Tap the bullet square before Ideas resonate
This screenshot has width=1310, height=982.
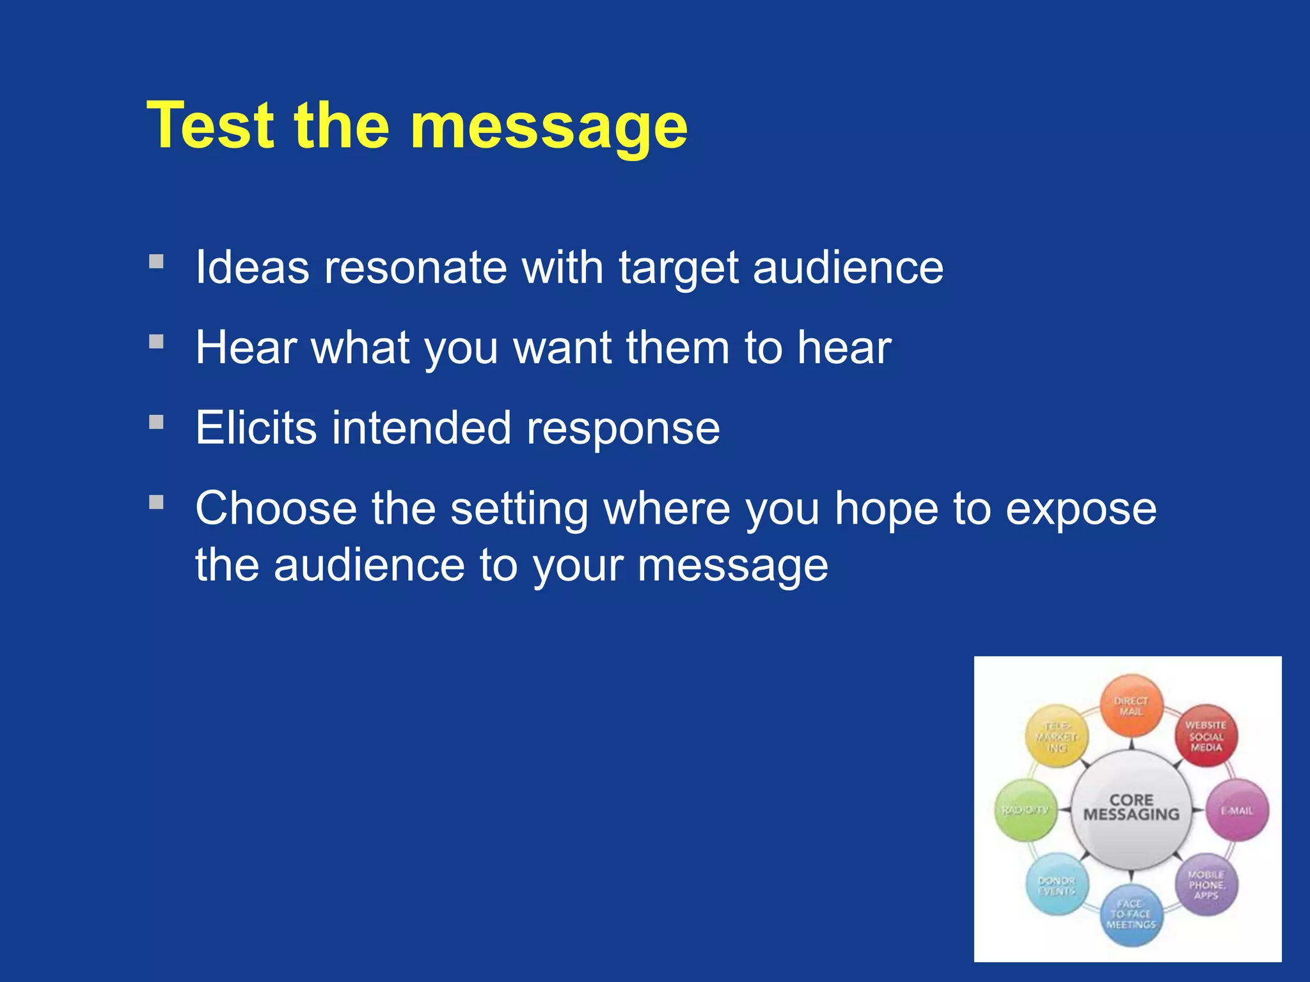[156, 261]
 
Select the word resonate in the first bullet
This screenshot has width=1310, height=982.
[415, 267]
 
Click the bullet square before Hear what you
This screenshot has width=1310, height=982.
[156, 342]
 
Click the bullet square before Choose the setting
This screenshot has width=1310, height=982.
[156, 503]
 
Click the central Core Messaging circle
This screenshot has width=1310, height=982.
[1131, 808]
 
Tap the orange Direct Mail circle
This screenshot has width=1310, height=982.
[1131, 706]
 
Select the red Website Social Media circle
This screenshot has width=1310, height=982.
[1206, 736]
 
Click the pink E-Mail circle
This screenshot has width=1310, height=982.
[1237, 810]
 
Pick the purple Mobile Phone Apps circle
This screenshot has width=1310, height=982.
[1206, 884]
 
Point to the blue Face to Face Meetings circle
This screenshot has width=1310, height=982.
[1131, 914]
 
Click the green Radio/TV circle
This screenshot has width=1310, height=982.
[1025, 810]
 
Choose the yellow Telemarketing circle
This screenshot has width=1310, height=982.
[1057, 736]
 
